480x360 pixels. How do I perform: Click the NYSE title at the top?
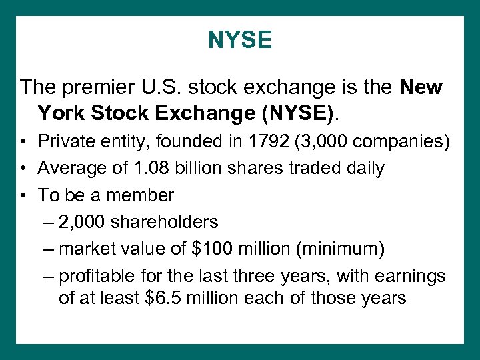coord(240,41)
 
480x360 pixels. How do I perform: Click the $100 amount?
coord(211,249)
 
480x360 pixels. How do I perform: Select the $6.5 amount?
coord(163,297)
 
